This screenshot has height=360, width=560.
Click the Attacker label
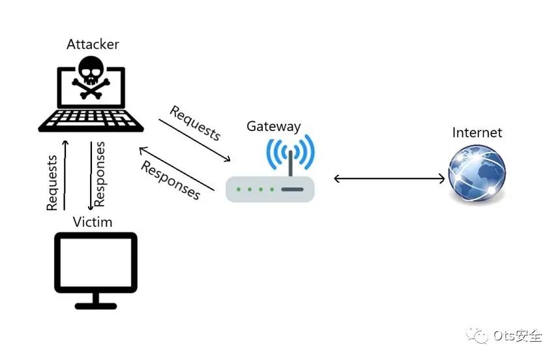(93, 44)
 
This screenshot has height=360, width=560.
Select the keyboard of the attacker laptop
(91, 119)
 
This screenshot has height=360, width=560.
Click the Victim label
(93, 222)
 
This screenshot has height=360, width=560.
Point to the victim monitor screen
(96, 262)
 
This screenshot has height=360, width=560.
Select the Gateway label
(274, 127)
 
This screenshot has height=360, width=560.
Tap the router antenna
(290, 163)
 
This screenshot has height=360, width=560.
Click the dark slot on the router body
(292, 189)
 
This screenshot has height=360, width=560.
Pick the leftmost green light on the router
(239, 189)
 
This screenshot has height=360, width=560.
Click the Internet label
(477, 132)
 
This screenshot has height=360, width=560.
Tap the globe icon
(477, 174)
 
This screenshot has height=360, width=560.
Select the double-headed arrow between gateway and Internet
(389, 178)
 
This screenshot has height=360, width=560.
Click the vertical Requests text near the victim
(52, 183)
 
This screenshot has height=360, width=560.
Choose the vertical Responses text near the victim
(99, 174)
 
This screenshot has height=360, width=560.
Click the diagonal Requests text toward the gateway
(195, 123)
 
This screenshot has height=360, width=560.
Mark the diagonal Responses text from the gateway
(171, 181)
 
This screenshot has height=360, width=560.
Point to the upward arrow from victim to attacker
(65, 175)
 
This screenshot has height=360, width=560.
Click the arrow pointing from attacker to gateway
(195, 140)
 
